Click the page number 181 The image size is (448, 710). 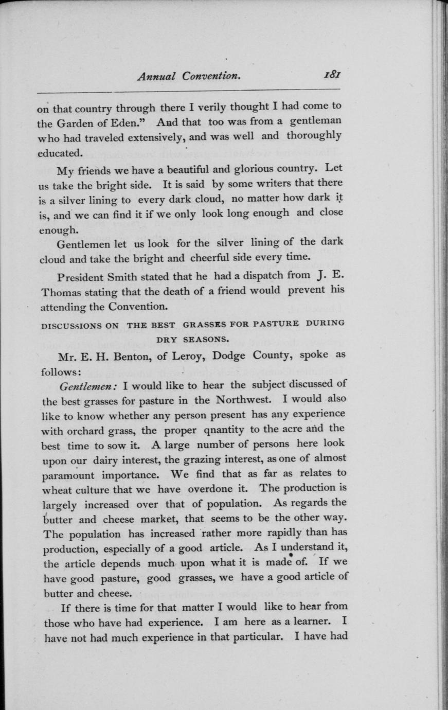coord(333,75)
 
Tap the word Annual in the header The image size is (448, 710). coord(156,77)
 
